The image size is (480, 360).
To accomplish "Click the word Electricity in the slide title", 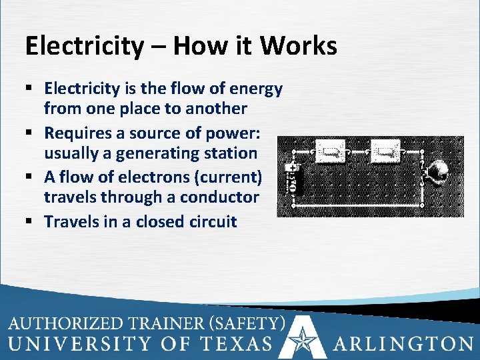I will click(x=84, y=46).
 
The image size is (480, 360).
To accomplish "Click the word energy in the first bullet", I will click(x=256, y=89).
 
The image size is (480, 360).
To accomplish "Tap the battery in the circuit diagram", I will click(x=292, y=178).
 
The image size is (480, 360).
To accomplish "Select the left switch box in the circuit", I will click(x=329, y=153).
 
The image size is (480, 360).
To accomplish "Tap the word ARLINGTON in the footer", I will click(x=402, y=343).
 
